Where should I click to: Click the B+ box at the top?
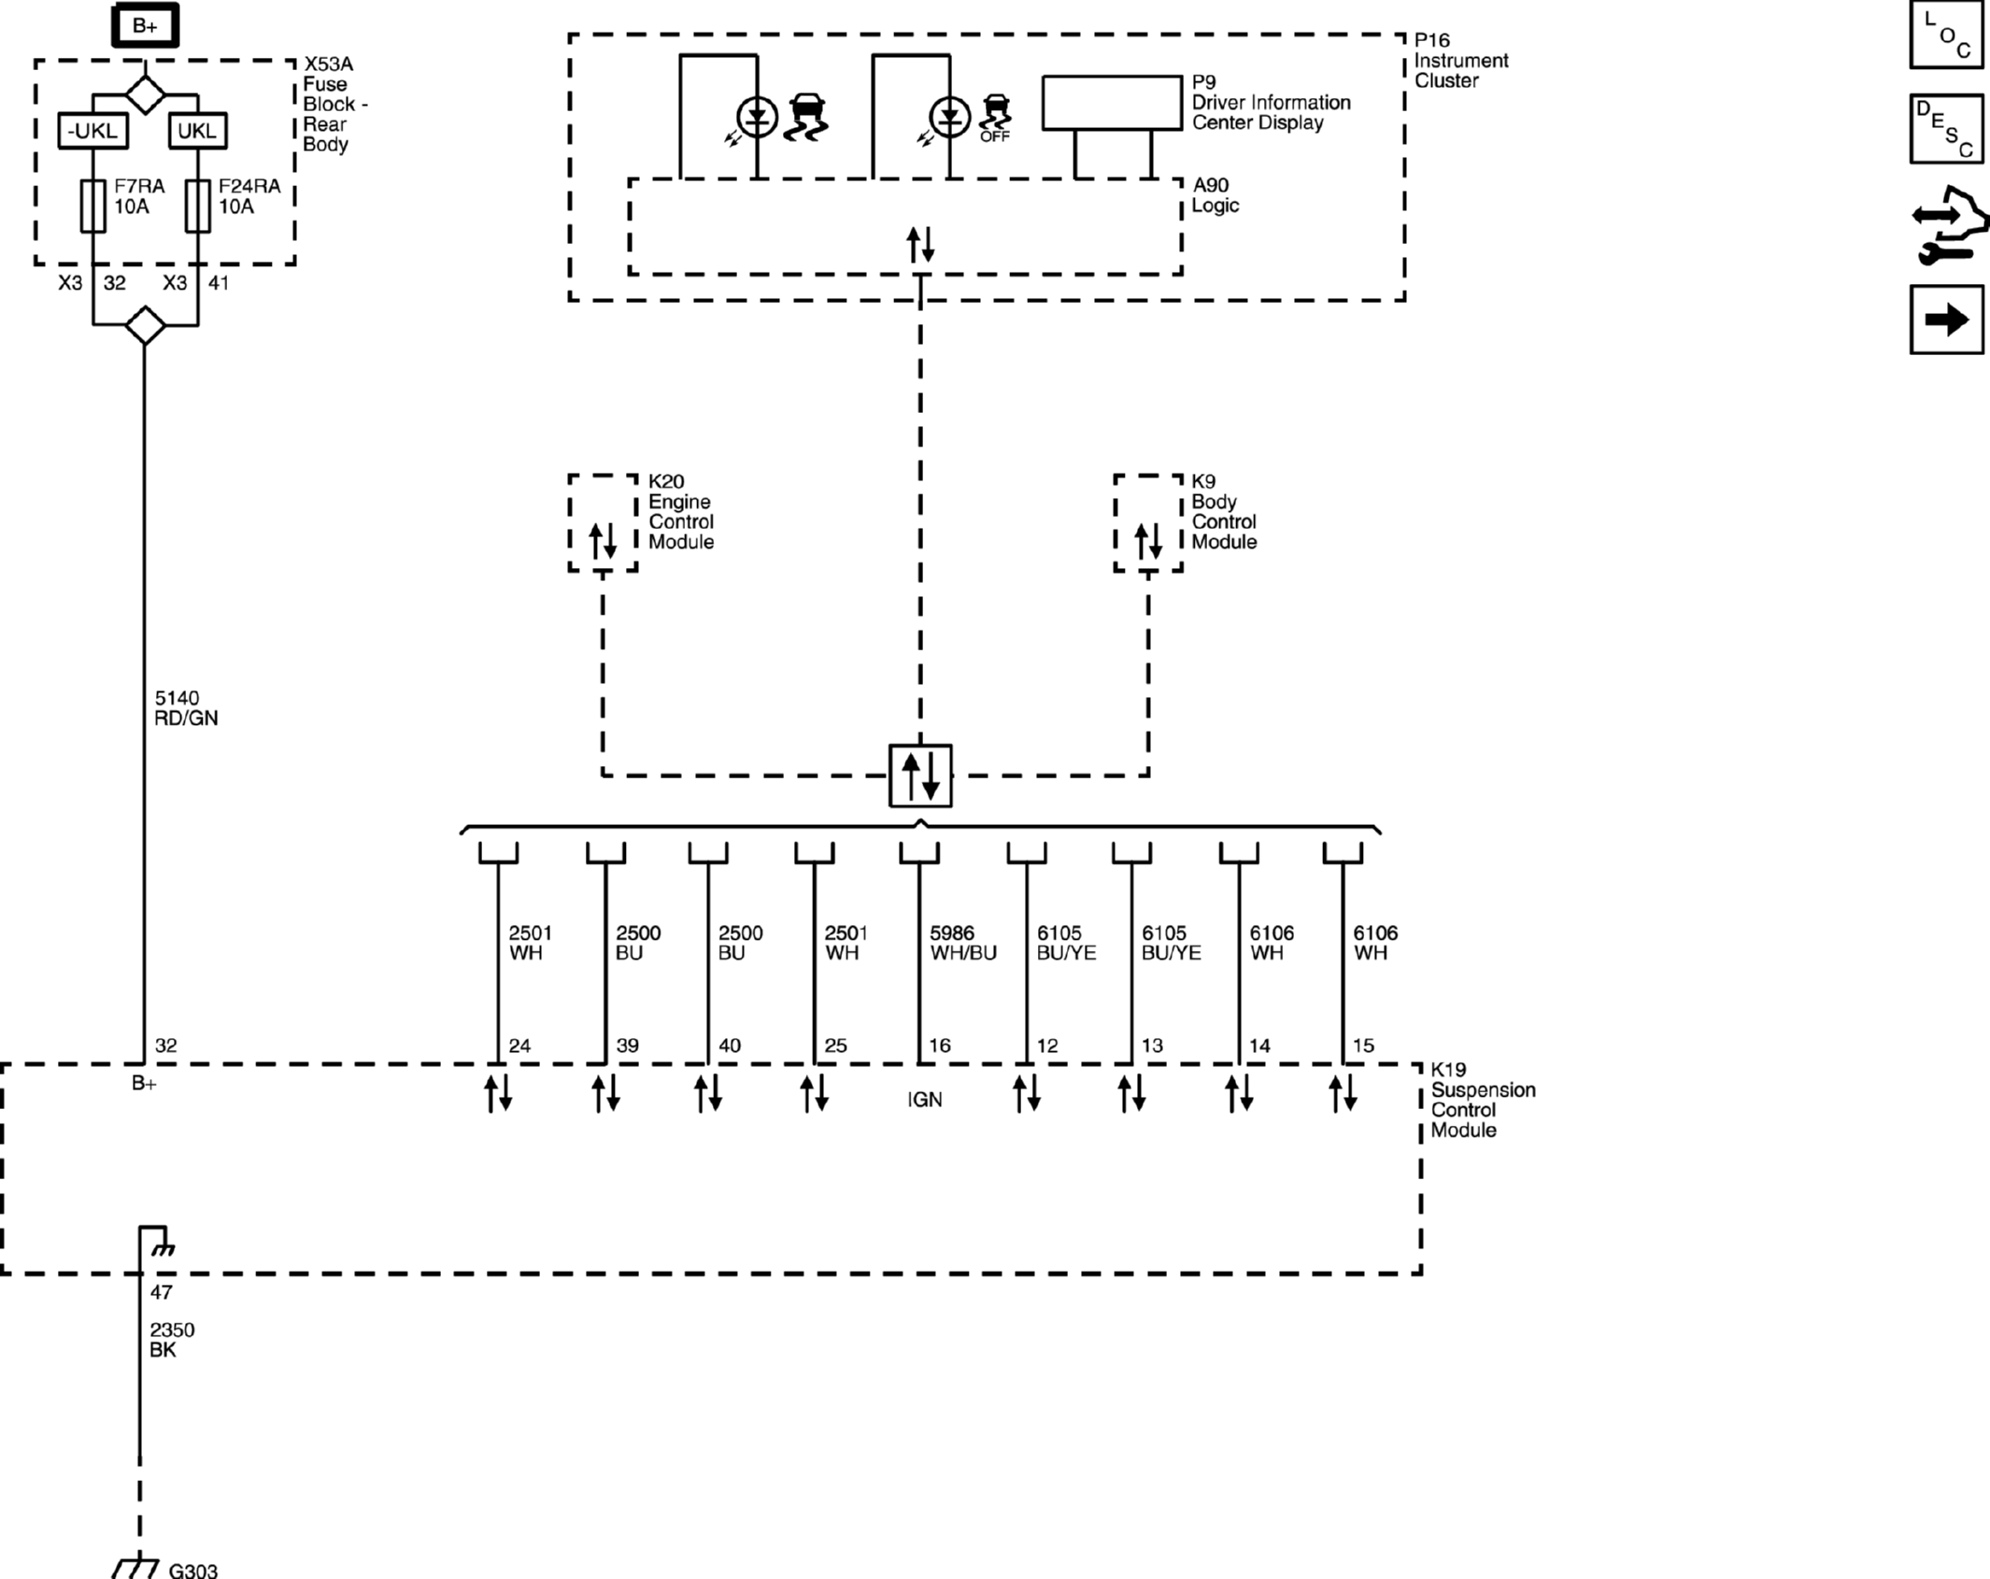pos(145,26)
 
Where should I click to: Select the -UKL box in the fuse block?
pos(92,131)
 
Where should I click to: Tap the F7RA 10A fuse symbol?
pos(92,206)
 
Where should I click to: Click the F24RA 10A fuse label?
pos(249,196)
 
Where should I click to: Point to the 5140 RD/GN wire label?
pos(185,708)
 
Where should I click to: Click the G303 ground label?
pos(192,1570)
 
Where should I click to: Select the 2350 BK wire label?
pos(171,1340)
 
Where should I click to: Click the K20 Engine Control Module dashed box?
pos(603,523)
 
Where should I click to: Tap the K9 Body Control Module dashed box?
pos(1147,523)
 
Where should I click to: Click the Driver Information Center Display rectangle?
pos(1111,103)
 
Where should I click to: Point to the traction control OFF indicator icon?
pos(996,117)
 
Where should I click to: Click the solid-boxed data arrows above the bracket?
pos(920,775)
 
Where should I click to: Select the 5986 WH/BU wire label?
pos(962,943)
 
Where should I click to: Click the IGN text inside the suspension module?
pos(924,1100)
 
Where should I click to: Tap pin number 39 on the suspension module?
pos(627,1046)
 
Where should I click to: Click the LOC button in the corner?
pos(1946,36)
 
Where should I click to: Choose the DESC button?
pos(1946,129)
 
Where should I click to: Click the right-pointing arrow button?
pos(1946,320)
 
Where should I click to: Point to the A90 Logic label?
pos(1214,195)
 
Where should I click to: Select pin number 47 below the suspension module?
pos(161,1292)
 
